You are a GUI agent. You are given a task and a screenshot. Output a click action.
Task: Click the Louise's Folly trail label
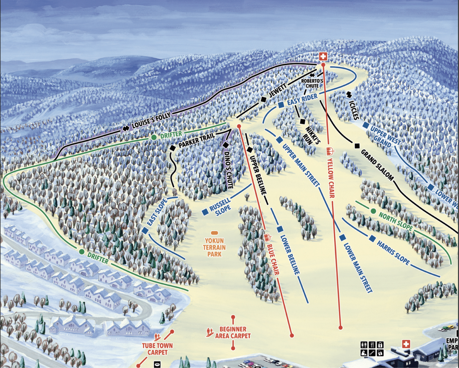[x=151, y=121]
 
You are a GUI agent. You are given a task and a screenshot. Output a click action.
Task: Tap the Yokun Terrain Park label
[x=214, y=247]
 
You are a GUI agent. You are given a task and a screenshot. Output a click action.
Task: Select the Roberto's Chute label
[x=312, y=83]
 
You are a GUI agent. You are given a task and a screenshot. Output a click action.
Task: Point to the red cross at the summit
[x=323, y=57]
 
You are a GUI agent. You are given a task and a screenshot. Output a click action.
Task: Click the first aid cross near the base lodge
[x=406, y=344]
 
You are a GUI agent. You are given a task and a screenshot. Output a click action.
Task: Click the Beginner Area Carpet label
[x=233, y=333]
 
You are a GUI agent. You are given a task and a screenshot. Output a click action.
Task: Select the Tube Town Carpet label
[x=157, y=349]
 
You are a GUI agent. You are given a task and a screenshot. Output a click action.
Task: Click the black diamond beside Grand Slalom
[x=357, y=146]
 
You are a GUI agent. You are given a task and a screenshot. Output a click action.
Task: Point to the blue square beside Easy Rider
[x=281, y=105]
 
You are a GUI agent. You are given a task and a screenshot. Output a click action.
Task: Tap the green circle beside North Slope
[x=373, y=211]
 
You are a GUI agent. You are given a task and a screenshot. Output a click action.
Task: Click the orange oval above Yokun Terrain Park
[x=214, y=233]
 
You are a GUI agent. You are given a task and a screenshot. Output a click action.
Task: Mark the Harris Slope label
[x=393, y=253]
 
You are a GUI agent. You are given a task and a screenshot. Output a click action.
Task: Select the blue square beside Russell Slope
[x=205, y=212]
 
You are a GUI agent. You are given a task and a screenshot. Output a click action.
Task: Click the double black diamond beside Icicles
[x=349, y=95]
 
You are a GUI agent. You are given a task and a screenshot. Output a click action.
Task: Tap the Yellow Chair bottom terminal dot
[x=340, y=328]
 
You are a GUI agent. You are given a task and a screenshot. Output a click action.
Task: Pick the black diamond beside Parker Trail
[x=172, y=148]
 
